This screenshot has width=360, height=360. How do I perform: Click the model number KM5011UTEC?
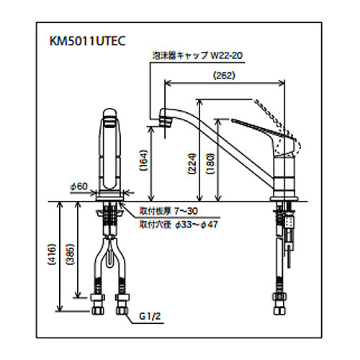click(87, 41)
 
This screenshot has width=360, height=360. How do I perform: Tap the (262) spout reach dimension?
click(224, 76)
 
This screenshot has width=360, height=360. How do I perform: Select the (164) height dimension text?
click(143, 161)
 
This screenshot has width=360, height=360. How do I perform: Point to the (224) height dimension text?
click(192, 163)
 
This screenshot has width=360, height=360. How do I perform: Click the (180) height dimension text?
click(210, 163)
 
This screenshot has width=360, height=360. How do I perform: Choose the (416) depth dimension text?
click(52, 254)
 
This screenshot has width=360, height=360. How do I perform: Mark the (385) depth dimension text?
click(70, 254)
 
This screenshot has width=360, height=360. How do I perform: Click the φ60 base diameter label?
click(79, 186)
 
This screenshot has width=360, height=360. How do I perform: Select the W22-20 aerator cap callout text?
click(226, 55)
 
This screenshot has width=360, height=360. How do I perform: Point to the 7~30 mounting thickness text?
click(186, 211)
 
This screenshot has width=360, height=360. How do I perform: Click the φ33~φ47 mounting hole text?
click(197, 225)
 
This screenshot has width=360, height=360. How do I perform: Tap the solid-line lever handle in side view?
click(261, 131)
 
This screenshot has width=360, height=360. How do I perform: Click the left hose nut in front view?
click(98, 304)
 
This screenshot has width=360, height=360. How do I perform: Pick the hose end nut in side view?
click(280, 304)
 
